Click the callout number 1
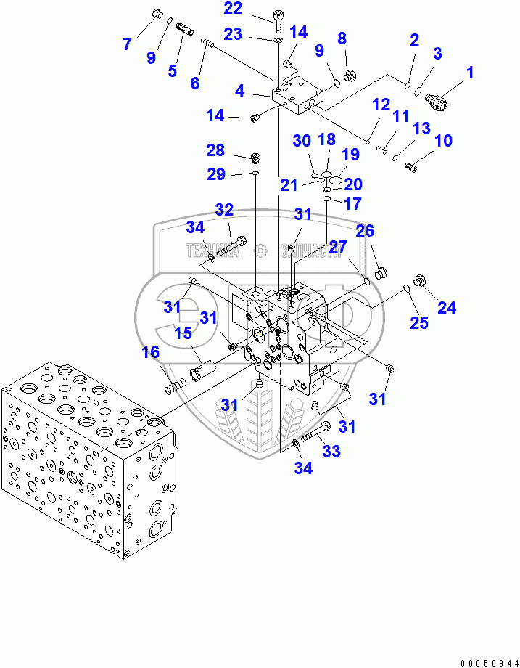click(x=469, y=73)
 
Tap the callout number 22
click(x=233, y=9)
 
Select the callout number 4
click(x=239, y=91)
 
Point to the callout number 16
click(x=149, y=353)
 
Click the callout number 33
click(x=331, y=452)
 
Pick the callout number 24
click(x=447, y=307)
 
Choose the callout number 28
click(x=215, y=150)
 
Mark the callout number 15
click(x=182, y=333)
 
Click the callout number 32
click(x=224, y=211)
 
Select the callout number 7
click(x=127, y=44)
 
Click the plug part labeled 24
click(x=418, y=280)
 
